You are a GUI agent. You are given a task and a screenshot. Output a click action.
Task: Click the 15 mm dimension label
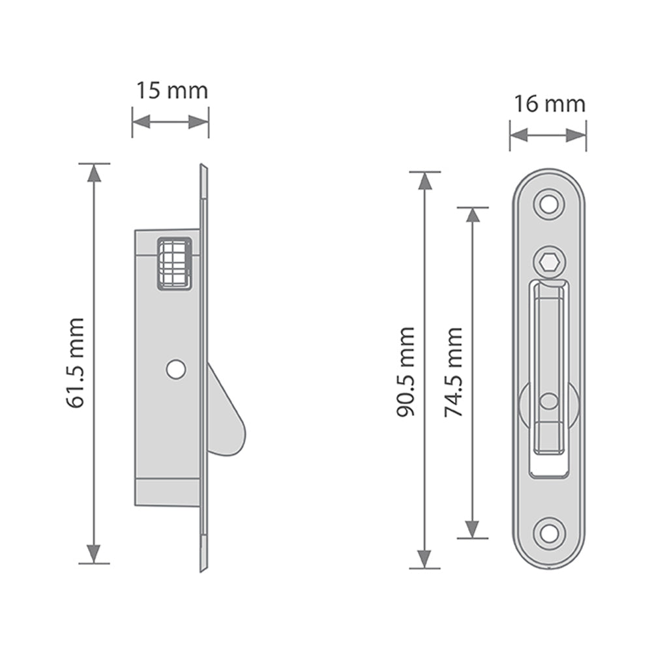pyautogui.click(x=171, y=91)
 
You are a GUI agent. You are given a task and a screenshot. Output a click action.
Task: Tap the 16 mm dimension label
pyautogui.click(x=549, y=104)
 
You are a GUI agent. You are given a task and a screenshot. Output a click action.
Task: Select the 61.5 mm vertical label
pyautogui.click(x=76, y=363)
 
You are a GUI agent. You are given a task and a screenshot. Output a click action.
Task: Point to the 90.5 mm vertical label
pyautogui.click(x=406, y=372)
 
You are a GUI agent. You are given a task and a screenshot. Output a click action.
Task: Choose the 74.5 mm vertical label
pyautogui.click(x=453, y=372)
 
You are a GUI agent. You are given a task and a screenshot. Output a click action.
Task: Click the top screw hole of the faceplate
pyautogui.click(x=549, y=203)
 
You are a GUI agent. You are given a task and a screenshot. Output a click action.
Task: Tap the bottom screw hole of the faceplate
pyautogui.click(x=549, y=533)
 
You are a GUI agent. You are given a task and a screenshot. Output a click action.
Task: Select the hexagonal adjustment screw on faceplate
pyautogui.click(x=549, y=263)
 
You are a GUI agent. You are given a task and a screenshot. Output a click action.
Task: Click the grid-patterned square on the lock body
pyautogui.click(x=174, y=263)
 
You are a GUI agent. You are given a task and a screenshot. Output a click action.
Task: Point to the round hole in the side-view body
pyautogui.click(x=175, y=370)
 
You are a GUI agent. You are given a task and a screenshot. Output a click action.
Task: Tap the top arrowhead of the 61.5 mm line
pyautogui.click(x=95, y=173)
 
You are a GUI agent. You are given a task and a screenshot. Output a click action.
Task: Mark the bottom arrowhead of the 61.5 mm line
pyautogui.click(x=95, y=554)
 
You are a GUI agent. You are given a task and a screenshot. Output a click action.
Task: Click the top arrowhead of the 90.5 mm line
pyautogui.click(x=424, y=181)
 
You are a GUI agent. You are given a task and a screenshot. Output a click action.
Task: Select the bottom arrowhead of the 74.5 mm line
pyautogui.click(x=473, y=529)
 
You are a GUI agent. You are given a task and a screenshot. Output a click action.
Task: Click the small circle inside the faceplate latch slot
pyautogui.click(x=549, y=401)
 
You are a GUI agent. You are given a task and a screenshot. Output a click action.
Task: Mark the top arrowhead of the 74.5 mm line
pyautogui.click(x=473, y=216)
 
